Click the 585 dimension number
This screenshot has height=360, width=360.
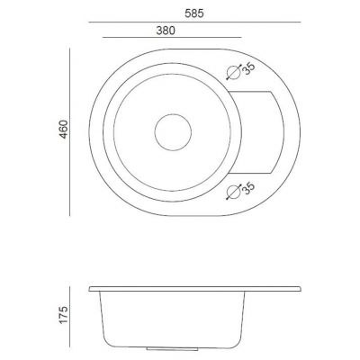[194, 13]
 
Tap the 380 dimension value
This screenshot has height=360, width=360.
[166, 31]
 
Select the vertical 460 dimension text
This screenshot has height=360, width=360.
[63, 130]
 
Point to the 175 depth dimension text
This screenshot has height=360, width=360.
[63, 315]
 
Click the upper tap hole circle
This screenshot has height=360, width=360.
[233, 72]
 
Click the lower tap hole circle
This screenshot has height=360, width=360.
[233, 192]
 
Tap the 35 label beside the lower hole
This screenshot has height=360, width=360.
[248, 188]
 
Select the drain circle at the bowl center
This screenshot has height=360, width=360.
[173, 132]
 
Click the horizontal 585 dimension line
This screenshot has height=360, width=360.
[194, 22]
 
